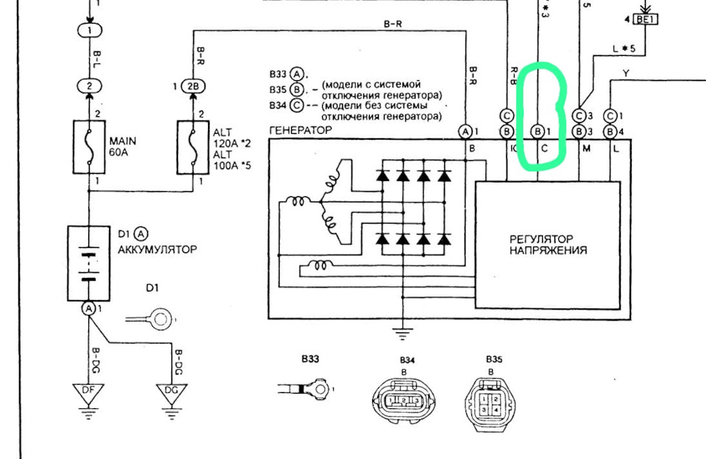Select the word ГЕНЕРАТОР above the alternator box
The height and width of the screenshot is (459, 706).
[301, 130]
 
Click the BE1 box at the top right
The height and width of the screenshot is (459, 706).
[645, 20]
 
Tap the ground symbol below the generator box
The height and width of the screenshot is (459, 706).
[402, 333]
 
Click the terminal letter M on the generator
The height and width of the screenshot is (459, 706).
[585, 148]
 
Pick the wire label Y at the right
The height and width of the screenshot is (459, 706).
[625, 73]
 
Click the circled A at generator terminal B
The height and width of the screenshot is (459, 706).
[466, 132]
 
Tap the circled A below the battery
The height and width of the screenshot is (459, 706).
[89, 309]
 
